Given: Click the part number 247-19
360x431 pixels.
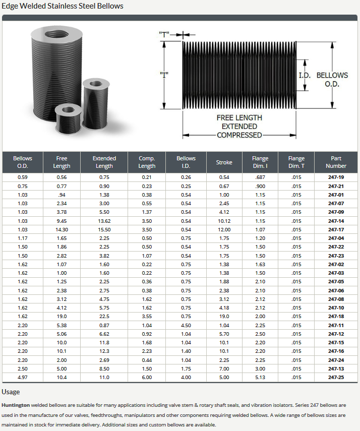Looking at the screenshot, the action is pos(336,177).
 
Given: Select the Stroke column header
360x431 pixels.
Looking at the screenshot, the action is pos(224,162).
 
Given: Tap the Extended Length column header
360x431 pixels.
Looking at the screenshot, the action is pos(104,162).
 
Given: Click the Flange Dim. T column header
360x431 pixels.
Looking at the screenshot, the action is pos(296,162).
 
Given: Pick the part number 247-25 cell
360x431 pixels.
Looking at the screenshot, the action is pos(336,378).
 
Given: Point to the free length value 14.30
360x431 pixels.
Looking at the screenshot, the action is pos(62,229).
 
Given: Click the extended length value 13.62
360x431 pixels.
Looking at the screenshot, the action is pos(104,221).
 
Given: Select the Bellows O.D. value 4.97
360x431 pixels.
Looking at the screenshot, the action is pos(23,378).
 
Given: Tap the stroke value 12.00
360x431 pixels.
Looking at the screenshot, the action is pos(224,229).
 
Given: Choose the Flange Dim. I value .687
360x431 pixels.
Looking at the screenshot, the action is pos(260,177).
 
